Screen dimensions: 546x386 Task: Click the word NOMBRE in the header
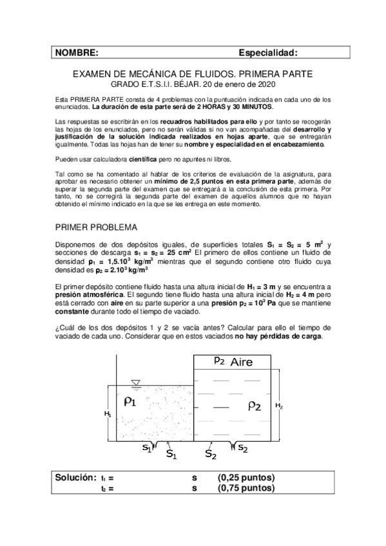point(77,52)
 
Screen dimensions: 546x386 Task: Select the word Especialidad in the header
point(268,52)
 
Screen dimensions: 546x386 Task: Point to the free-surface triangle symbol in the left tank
point(135,383)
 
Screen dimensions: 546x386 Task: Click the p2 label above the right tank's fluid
point(219,361)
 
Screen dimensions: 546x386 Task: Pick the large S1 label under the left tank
point(172,455)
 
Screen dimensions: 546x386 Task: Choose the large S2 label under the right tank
point(211,455)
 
